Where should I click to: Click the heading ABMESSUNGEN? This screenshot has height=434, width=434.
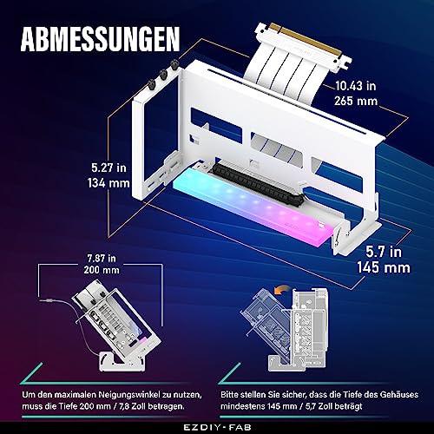point(100,39)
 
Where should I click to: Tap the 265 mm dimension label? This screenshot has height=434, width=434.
point(356,101)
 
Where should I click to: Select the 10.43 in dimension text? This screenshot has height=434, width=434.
point(356,86)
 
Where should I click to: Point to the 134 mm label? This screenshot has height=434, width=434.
point(108,183)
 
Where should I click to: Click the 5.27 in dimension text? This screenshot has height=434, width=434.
point(108,168)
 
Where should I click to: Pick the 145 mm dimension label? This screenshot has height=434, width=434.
point(384,267)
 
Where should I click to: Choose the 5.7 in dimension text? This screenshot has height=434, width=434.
point(384,252)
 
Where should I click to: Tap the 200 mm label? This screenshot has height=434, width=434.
point(102,270)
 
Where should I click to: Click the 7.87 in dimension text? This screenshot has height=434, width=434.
point(102,258)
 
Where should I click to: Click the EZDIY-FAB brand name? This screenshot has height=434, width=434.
point(217,427)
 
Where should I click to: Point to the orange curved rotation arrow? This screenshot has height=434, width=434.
point(282,289)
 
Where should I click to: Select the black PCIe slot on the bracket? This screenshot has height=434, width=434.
point(259,183)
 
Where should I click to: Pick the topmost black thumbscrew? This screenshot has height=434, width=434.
point(174,64)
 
